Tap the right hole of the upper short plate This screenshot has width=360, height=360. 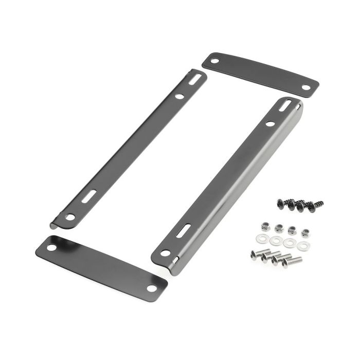(x=306, y=87)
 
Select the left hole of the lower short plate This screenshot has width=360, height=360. (x=52, y=248)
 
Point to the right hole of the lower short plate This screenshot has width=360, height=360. (x=152, y=287)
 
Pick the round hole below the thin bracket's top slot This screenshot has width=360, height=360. (x=179, y=96)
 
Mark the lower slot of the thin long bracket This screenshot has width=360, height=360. (x=88, y=196)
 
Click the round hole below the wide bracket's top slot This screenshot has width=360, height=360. (x=270, y=123)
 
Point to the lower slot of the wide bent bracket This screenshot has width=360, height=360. (x=184, y=231)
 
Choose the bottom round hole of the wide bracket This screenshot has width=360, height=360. (x=165, y=253)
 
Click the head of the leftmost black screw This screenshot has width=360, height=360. (x=281, y=203)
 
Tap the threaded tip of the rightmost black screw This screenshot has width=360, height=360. (x=321, y=203)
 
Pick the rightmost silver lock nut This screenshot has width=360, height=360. (x=305, y=232)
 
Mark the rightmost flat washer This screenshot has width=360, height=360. (x=302, y=246)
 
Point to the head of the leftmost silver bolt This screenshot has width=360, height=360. (x=254, y=254)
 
